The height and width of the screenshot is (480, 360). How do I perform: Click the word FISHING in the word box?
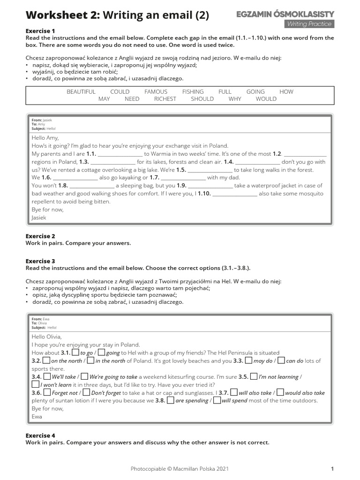[x=193, y=92]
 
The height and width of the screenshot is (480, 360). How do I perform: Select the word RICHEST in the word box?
[x=165, y=99]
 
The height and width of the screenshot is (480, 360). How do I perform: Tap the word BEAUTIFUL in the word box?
[x=81, y=92]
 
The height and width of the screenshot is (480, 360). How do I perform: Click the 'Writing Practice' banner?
[x=309, y=24]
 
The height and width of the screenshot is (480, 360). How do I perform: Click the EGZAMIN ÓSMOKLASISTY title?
[x=285, y=15]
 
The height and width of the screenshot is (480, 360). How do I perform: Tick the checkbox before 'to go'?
[x=75, y=352]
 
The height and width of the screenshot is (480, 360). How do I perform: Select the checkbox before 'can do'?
[x=281, y=360]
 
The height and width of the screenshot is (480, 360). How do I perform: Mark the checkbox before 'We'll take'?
[x=46, y=376]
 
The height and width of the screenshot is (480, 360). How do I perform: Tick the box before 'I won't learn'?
[x=35, y=384]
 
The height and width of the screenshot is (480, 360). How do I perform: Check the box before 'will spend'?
[x=217, y=400]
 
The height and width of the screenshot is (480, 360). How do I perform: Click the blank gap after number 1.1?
[x=120, y=154]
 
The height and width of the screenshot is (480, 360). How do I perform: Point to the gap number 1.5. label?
[x=181, y=170]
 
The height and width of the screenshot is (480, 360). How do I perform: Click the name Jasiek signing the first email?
[x=39, y=217]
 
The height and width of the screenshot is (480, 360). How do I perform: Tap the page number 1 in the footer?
[x=332, y=468]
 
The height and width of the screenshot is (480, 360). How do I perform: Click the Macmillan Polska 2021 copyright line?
[x=180, y=468]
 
